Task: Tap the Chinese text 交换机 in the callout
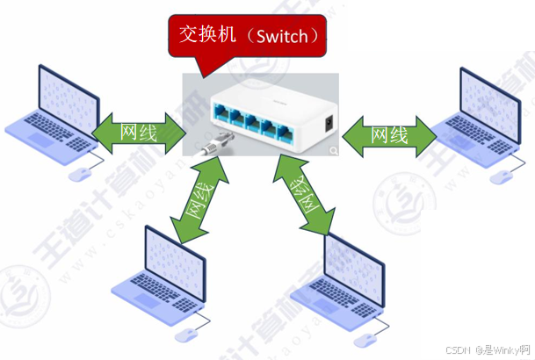209,34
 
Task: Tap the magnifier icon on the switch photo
333,151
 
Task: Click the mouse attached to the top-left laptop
82,171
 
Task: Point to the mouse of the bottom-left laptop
187,335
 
